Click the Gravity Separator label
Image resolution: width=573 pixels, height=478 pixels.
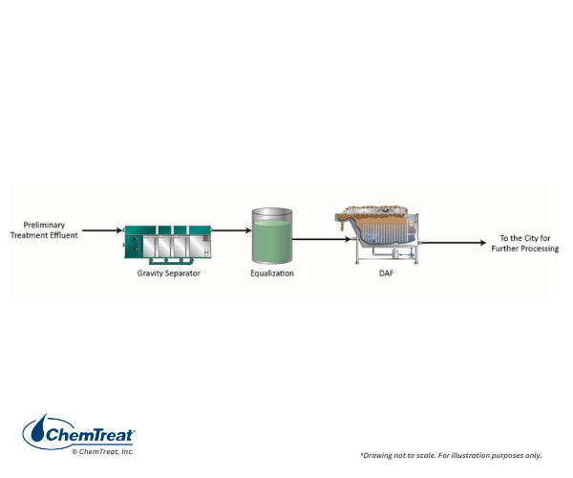tap(168, 273)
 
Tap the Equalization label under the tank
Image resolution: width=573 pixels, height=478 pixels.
tap(272, 273)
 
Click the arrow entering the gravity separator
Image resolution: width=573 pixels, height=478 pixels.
tap(103, 230)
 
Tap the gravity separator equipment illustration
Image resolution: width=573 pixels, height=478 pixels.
tap(168, 244)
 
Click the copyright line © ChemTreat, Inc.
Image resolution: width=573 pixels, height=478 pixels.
tap(103, 451)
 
